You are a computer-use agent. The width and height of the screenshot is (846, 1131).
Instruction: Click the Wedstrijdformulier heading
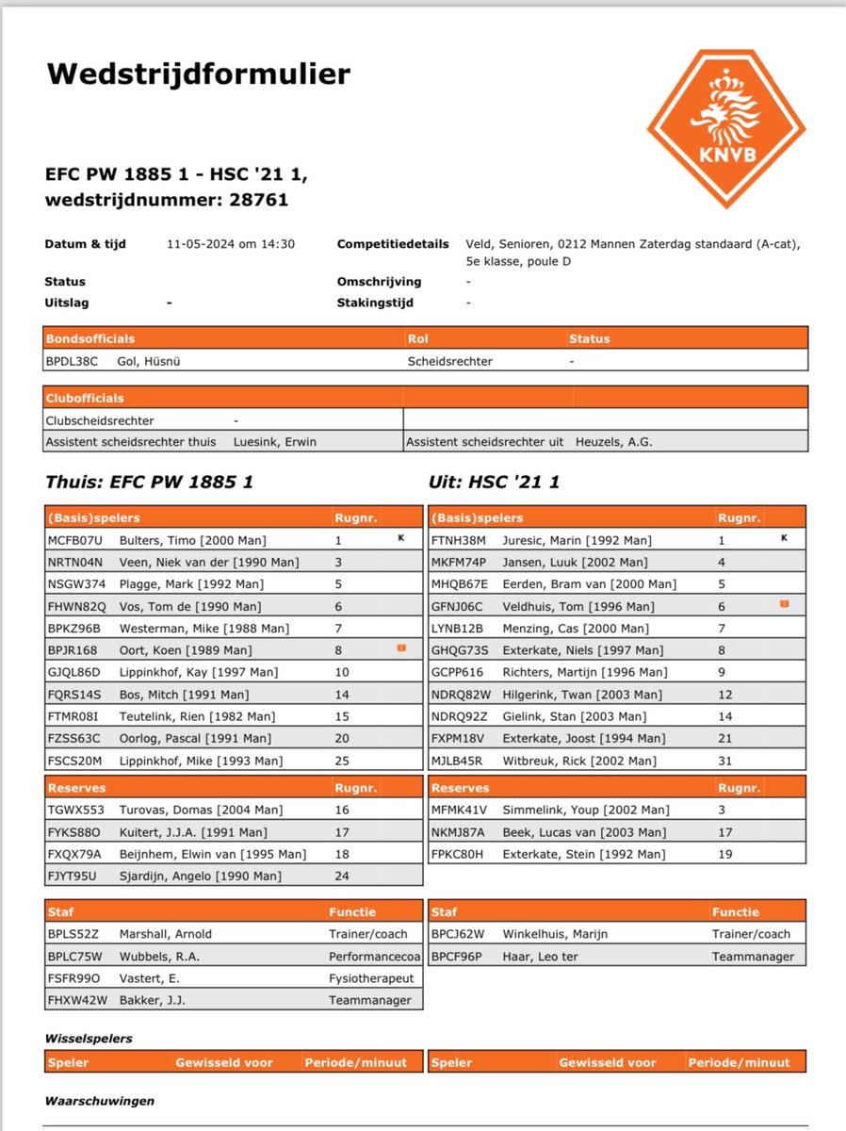coord(185,74)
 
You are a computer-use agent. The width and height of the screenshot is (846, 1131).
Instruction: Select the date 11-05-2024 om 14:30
coord(231,244)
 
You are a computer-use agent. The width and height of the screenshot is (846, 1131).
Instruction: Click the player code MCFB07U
coord(73,540)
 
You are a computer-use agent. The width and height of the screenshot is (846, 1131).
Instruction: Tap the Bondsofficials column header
coord(90,338)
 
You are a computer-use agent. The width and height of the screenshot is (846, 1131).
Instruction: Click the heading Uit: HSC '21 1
coord(495,483)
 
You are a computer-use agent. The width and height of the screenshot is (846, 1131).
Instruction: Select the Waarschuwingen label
coord(100,1100)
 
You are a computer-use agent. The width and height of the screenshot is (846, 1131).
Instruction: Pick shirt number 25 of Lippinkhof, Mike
coord(342,761)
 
